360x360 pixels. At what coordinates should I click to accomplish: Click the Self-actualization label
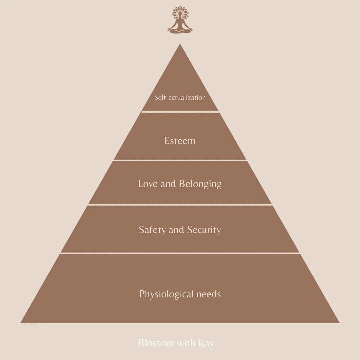point(180,98)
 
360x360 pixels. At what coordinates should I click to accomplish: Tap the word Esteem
point(180,141)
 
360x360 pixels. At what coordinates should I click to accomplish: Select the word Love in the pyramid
point(148,184)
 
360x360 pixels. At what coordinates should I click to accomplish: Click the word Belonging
point(200,184)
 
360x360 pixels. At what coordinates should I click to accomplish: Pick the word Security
point(204,230)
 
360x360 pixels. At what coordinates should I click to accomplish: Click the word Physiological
point(166,294)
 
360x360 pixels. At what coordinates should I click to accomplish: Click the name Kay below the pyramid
point(206,343)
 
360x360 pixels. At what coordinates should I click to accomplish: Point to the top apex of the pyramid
point(180,45)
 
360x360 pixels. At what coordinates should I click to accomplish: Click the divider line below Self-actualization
point(180,112)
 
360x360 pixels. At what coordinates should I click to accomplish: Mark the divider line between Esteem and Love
point(180,160)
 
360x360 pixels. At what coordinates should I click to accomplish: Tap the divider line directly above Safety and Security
point(180,205)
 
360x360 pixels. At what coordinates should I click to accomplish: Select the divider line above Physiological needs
point(180,253)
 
